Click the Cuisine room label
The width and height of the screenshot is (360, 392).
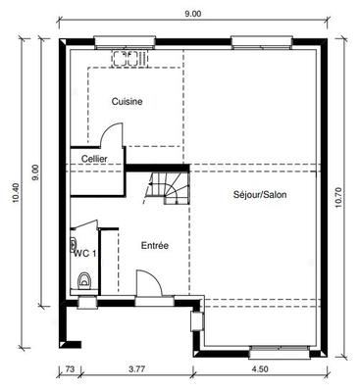[127, 101]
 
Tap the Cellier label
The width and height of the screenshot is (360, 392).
[94, 158]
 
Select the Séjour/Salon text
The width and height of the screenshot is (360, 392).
[260, 194]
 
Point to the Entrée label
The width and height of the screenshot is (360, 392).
[155, 245]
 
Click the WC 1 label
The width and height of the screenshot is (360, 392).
[85, 253]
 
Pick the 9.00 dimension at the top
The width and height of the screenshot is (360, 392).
[192, 14]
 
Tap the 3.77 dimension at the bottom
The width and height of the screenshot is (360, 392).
[138, 370]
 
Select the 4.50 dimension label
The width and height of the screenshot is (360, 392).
[261, 370]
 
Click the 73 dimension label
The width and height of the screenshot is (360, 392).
[70, 370]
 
